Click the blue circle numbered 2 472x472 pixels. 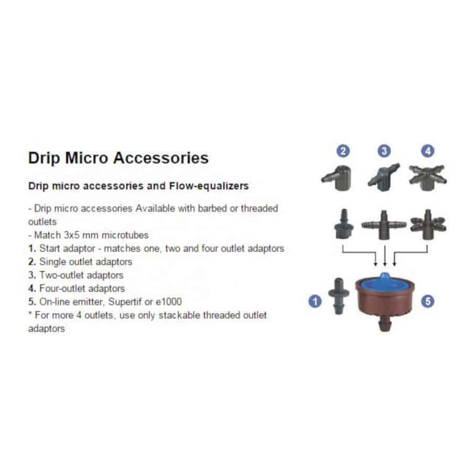click(x=343, y=151)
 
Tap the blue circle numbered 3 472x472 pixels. click(x=384, y=151)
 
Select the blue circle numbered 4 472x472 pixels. click(x=428, y=151)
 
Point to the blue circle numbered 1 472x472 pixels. click(x=315, y=301)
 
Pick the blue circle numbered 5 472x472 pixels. click(x=427, y=301)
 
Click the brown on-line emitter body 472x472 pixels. click(x=385, y=304)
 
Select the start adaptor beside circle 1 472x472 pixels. click(x=338, y=296)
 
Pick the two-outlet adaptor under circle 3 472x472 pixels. click(x=384, y=177)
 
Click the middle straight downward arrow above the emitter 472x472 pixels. click(x=385, y=256)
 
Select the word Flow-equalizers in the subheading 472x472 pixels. click(x=209, y=186)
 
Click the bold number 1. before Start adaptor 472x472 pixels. click(x=32, y=249)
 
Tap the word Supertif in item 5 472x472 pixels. click(x=125, y=302)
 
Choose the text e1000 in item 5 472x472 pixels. click(x=168, y=302)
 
